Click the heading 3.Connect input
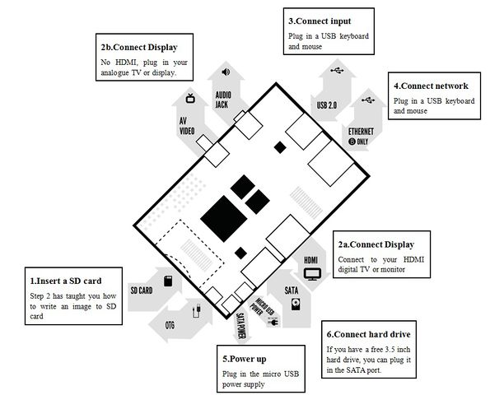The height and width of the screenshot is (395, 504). click(x=320, y=21)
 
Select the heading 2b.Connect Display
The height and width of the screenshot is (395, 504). click(x=139, y=47)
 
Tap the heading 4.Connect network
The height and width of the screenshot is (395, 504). click(x=431, y=86)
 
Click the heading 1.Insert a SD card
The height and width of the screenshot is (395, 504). click(x=66, y=281)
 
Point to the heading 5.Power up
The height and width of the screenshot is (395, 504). click(x=245, y=359)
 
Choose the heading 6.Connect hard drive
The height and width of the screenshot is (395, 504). click(x=368, y=334)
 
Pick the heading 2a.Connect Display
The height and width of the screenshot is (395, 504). click(x=376, y=244)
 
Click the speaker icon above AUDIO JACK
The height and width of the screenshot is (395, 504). click(x=226, y=72)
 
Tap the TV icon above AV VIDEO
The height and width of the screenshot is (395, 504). click(x=190, y=98)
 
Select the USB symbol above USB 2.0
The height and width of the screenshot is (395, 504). click(x=337, y=70)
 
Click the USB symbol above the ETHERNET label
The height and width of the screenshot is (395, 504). click(x=368, y=100)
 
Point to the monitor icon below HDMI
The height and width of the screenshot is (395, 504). click(x=312, y=274)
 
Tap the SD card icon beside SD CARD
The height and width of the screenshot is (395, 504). click(x=168, y=281)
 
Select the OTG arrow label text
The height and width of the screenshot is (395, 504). click(x=170, y=326)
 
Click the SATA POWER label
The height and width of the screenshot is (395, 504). click(x=240, y=326)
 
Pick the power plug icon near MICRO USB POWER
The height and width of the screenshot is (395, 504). click(x=273, y=322)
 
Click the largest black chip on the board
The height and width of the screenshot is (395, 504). click(x=224, y=219)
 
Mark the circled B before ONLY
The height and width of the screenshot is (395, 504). click(x=352, y=142)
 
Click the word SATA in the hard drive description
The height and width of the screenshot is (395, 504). click(x=356, y=370)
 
